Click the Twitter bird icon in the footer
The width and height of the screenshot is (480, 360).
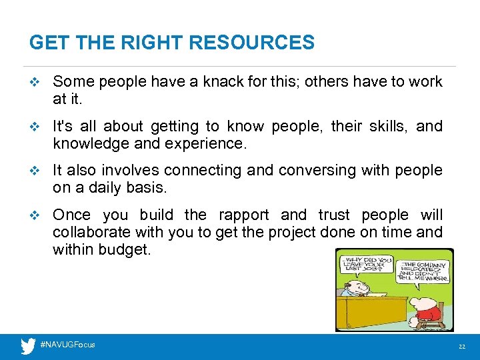click(28, 346)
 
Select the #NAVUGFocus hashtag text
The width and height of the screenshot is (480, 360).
click(68, 345)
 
